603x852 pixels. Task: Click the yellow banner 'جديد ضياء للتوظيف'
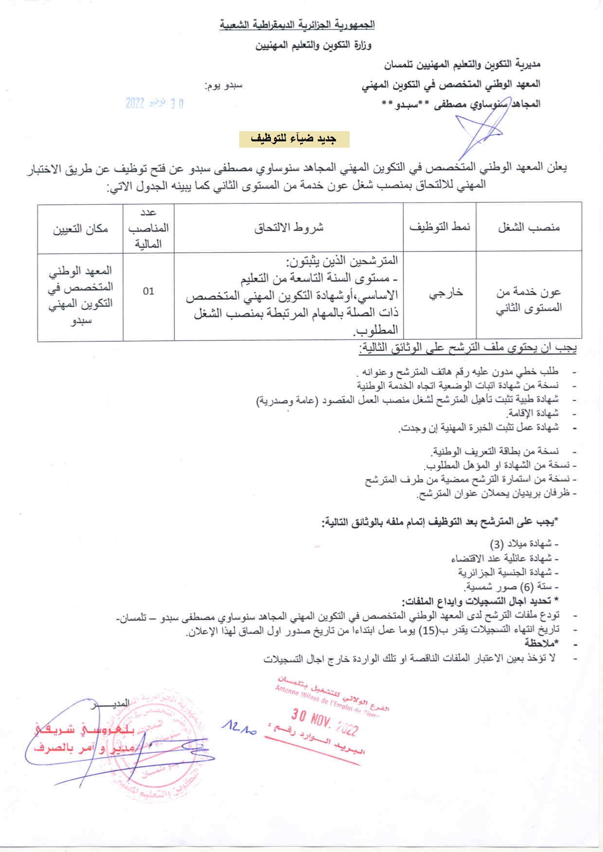click(x=294, y=139)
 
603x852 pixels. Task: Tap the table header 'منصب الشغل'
click(x=529, y=228)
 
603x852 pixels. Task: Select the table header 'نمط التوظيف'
click(x=440, y=228)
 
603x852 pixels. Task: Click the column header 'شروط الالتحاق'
click(x=289, y=228)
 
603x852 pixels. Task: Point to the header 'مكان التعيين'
click(x=81, y=229)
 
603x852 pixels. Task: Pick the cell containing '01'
click(x=148, y=291)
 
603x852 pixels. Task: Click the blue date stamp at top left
click(x=154, y=103)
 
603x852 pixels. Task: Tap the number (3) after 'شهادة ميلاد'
click(x=497, y=544)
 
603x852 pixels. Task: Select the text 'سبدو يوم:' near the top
click(x=224, y=86)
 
